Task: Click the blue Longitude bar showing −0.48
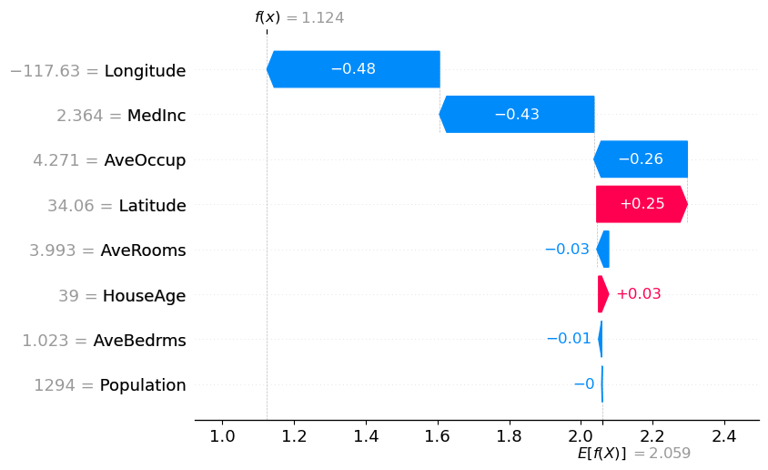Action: (x=353, y=69)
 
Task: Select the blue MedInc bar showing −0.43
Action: (x=517, y=114)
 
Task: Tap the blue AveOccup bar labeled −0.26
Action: (x=641, y=159)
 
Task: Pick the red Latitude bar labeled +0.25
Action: (x=641, y=204)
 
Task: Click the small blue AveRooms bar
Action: (x=603, y=250)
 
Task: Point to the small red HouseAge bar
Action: (x=602, y=294)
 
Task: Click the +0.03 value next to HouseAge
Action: (x=639, y=294)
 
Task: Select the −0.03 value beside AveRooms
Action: (x=567, y=250)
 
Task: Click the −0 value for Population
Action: (x=584, y=384)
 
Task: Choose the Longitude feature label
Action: (x=145, y=70)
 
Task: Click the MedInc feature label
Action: (x=157, y=115)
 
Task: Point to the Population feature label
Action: (x=143, y=385)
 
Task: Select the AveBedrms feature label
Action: (x=140, y=341)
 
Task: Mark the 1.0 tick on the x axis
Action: (x=222, y=436)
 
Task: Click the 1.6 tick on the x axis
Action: (x=437, y=436)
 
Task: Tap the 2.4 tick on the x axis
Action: (x=724, y=436)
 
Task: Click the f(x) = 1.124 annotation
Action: (x=299, y=17)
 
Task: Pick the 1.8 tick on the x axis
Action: (x=509, y=436)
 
